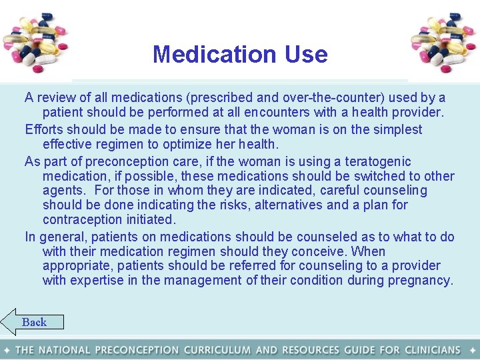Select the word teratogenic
pos(379,161)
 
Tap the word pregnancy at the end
pos(423,281)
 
